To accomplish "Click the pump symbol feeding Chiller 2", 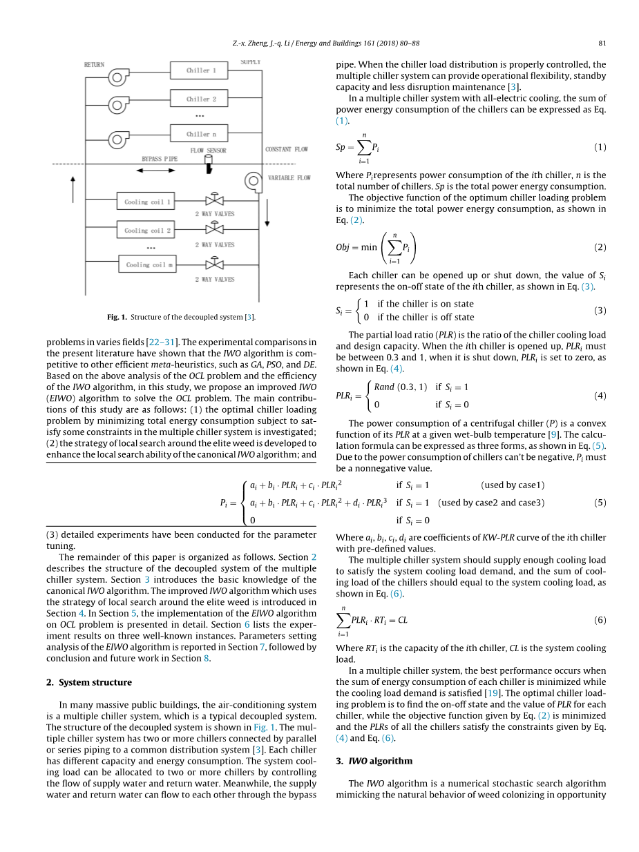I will (x=118, y=105).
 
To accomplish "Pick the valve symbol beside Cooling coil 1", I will (x=217, y=201).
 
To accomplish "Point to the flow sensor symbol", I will (x=209, y=164).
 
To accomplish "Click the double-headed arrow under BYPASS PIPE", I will (x=161, y=166).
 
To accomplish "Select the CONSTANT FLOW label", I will (x=286, y=149).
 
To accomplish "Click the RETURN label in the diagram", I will (x=94, y=65).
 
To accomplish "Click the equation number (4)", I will (x=600, y=396).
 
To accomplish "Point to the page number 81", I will (x=602, y=43).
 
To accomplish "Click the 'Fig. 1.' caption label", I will (x=117, y=317).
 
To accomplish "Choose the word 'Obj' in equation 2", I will (x=344, y=247).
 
